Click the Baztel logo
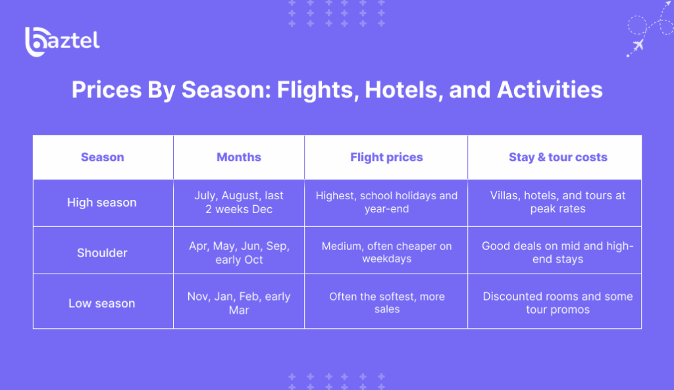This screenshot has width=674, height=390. (x=62, y=41)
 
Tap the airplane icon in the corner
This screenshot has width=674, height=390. (x=637, y=45)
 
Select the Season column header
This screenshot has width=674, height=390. (x=103, y=157)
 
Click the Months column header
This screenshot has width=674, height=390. (x=239, y=157)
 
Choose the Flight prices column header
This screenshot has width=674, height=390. (x=386, y=157)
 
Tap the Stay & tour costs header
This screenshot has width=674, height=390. (x=557, y=157)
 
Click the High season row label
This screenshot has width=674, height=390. (x=102, y=203)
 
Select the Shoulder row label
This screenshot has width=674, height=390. (x=102, y=253)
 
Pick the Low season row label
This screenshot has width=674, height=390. (x=102, y=303)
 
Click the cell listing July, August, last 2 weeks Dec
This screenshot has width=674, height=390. (x=239, y=203)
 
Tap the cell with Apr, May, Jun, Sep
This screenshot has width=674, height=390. (x=239, y=253)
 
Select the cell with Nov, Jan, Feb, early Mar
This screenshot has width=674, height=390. (x=239, y=303)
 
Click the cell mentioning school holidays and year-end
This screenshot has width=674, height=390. (x=386, y=203)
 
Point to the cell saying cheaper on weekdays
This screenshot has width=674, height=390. (x=386, y=253)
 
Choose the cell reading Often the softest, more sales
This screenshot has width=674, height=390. (x=386, y=303)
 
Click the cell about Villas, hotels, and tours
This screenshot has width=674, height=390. (x=557, y=203)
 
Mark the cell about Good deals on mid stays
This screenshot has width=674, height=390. (x=557, y=253)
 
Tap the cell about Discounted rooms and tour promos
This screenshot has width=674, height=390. (x=557, y=303)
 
